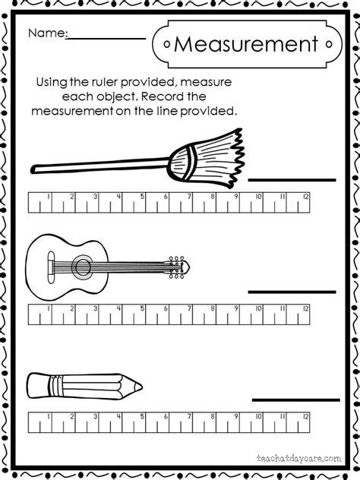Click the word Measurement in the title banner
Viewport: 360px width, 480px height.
coord(246,44)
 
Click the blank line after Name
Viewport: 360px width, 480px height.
coord(106,39)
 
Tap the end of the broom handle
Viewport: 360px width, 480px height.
coord(33,169)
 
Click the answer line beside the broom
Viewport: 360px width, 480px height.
coord(292,180)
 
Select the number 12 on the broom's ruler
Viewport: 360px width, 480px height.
coord(305,197)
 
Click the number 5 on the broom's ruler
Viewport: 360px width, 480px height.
coord(142,197)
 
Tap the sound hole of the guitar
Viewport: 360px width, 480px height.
coord(82,267)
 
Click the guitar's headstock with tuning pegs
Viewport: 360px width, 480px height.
coord(178,267)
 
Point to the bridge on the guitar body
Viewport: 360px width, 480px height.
coord(51,266)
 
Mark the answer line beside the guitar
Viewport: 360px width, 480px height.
coord(292,292)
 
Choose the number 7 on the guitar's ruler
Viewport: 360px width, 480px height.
coord(189,308)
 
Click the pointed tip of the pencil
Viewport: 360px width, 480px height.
coord(141,387)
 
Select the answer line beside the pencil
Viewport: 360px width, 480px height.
coord(296,399)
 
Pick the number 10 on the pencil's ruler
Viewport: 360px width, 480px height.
coord(258,416)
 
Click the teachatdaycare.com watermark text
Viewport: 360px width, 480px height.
coord(298,458)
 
